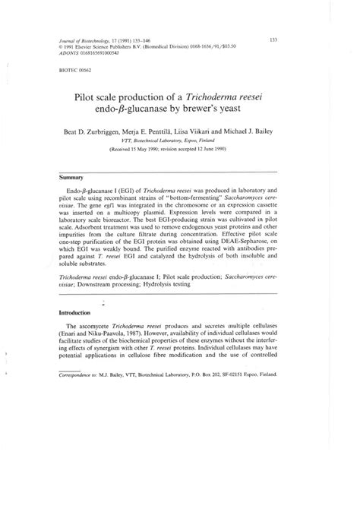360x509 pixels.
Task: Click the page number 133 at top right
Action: [x=273, y=40]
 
